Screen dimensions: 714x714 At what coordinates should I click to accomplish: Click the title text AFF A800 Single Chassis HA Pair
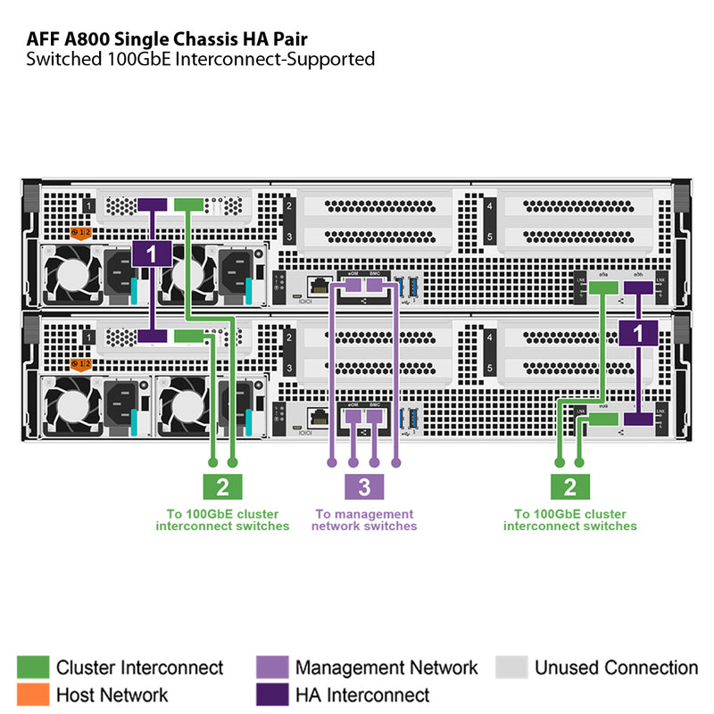click(170, 39)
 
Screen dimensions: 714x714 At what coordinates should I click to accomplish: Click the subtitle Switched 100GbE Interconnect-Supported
click(200, 60)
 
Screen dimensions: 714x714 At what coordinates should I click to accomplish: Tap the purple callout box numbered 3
click(364, 486)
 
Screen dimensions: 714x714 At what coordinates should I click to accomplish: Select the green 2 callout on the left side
click(222, 486)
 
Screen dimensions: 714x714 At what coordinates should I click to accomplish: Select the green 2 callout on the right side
click(569, 486)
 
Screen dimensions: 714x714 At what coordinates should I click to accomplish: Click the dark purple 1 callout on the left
click(151, 254)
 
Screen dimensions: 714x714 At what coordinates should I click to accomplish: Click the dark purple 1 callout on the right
click(638, 333)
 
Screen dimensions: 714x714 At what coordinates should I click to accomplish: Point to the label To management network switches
click(364, 520)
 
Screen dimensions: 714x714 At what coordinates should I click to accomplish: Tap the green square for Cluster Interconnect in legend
click(33, 668)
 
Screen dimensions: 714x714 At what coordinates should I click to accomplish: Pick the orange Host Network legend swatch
click(33, 694)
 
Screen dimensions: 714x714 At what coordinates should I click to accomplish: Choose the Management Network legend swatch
click(272, 668)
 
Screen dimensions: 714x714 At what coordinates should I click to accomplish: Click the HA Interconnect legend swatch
click(272, 694)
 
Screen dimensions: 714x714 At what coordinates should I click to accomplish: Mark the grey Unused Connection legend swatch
click(511, 668)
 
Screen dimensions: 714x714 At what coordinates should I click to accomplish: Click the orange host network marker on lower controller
click(81, 364)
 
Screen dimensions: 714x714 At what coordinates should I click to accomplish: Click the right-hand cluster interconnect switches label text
click(569, 520)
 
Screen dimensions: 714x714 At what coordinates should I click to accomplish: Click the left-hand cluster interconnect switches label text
click(222, 520)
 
